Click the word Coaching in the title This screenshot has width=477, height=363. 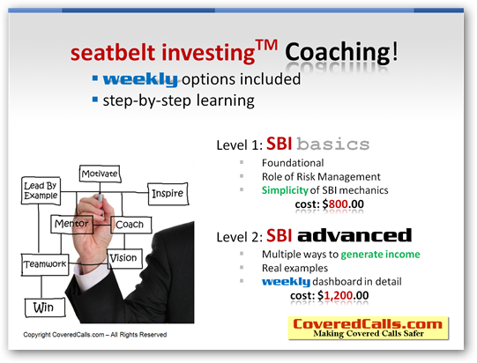pos(337,52)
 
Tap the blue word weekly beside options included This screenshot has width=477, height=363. pos(140,80)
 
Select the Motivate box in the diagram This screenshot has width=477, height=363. pos(100,174)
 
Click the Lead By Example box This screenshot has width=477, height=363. pos(41,190)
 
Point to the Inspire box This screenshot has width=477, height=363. pos(168,194)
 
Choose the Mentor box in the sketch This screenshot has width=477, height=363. pos(71,224)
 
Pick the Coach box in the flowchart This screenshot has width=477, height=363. pos(130,225)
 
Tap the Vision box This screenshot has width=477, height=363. pos(124,258)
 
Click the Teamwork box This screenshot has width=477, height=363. pos(45,264)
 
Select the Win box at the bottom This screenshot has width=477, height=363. pos(45,307)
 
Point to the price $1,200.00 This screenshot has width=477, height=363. pos(343,295)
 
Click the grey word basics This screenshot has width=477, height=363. pos(333,144)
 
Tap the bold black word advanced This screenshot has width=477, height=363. pos(354,235)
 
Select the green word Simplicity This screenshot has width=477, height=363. pos(285,190)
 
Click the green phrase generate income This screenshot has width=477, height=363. pos(380,254)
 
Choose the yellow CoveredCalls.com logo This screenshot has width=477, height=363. pos(369,328)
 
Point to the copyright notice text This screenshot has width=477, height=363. pos(95,335)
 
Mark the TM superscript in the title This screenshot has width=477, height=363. pos(266,46)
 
